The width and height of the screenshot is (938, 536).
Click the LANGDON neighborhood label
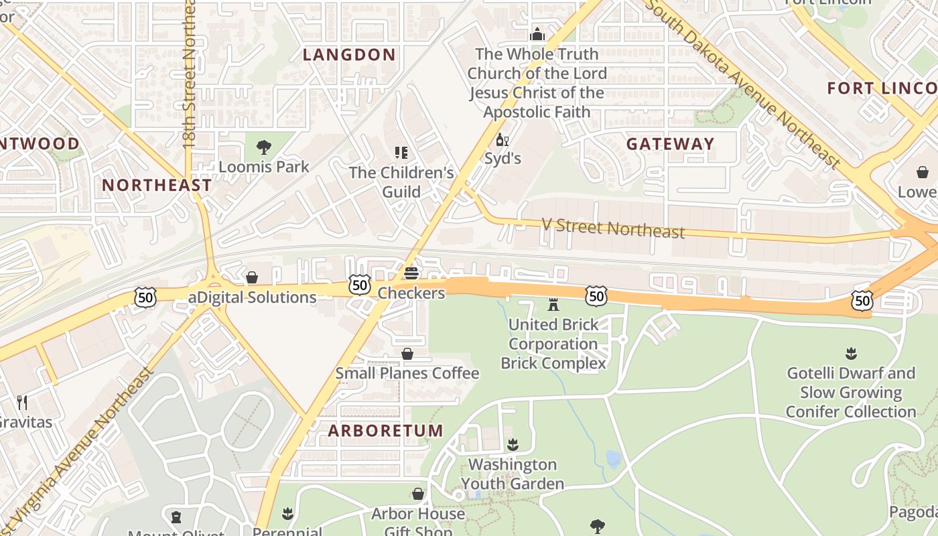tap(349, 55)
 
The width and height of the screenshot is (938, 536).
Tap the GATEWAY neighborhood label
tap(670, 144)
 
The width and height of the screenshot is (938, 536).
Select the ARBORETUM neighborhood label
tap(385, 431)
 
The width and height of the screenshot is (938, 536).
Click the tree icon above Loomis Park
tap(264, 147)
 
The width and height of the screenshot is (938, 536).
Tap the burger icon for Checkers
tap(411, 273)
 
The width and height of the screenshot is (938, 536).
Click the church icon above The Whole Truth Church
tap(537, 34)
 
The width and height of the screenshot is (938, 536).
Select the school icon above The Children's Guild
tap(401, 153)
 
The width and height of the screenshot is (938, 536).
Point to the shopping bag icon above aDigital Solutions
tap(252, 277)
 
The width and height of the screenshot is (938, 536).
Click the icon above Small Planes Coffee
tap(407, 354)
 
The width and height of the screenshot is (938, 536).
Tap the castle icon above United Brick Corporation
tap(553, 305)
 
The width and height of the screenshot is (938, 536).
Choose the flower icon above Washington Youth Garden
tap(513, 445)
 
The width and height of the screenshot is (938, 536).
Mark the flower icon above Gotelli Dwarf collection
tap(851, 353)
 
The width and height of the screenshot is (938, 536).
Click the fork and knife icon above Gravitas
tap(22, 402)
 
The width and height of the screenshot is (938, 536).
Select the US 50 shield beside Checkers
tap(360, 285)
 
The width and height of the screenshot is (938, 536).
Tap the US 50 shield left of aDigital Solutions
tap(145, 297)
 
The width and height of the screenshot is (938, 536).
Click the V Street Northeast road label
tap(612, 228)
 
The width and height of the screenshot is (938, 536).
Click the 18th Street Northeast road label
tap(189, 74)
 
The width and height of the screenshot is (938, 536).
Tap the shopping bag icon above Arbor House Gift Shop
tap(418, 494)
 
